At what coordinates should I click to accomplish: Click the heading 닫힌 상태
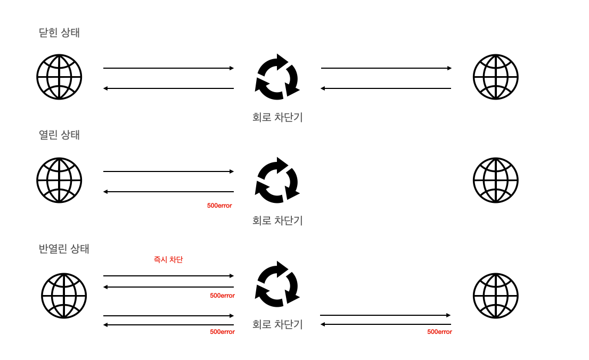[59, 32]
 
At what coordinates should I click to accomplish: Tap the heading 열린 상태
[59, 135]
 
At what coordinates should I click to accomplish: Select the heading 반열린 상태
[64, 248]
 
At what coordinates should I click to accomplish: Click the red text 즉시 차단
[168, 260]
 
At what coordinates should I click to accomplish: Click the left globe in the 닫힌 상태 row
[59, 77]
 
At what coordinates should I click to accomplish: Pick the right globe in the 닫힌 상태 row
[495, 77]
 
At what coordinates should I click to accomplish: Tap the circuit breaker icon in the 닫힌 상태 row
[277, 77]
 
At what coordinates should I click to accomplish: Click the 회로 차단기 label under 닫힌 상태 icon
[277, 117]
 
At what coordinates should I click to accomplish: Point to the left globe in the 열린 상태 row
[59, 180]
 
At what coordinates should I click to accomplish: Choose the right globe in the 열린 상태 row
[495, 180]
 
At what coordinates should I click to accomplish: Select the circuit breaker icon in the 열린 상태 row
[277, 180]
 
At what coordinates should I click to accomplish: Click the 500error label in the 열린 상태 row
[219, 206]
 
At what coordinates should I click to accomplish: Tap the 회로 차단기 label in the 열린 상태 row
[277, 220]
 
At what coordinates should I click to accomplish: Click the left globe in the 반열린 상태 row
[64, 296]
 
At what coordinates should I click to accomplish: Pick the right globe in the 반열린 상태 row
[495, 296]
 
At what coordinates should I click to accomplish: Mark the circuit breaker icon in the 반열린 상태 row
[277, 284]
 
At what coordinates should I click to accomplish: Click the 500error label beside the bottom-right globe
[439, 332]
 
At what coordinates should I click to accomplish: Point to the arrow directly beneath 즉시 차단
[168, 276]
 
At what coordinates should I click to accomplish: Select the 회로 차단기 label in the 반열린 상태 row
[277, 324]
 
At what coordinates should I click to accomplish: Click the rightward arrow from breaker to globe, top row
[386, 68]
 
